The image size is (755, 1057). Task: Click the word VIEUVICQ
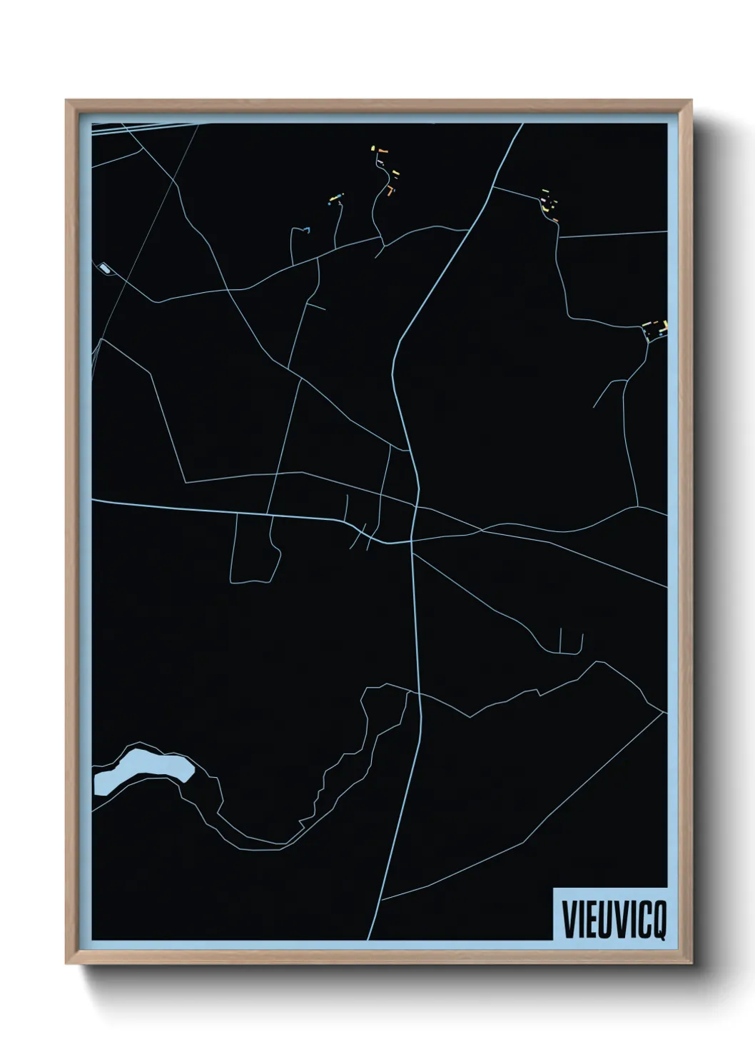614,921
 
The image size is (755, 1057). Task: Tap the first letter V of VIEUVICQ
569,921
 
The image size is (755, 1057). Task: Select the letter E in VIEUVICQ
589,921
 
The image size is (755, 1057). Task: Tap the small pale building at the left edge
106,269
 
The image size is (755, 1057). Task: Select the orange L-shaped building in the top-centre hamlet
390,191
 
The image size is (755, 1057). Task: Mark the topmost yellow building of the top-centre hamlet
373,149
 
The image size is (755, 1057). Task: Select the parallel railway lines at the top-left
143,127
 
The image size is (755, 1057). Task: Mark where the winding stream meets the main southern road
417,692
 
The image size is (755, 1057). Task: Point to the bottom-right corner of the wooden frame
691,965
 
